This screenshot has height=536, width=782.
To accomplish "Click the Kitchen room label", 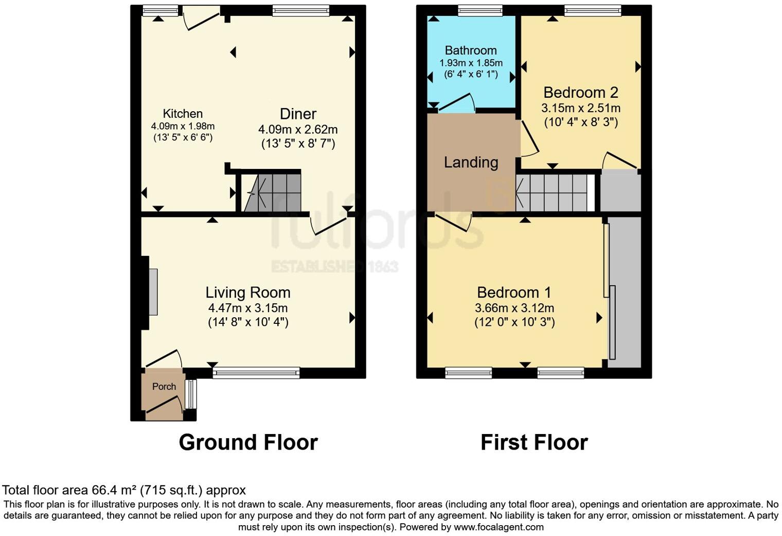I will coord(183,114).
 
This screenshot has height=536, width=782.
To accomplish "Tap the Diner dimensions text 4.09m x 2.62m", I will coord(298,129).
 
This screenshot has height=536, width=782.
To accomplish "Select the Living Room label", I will coord(248,292).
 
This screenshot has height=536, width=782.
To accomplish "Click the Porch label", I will coord(164,387).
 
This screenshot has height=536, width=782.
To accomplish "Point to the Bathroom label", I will coord(471,50).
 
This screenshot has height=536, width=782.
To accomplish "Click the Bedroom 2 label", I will coord(580,93).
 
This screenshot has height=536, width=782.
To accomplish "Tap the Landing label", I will coord(471,163).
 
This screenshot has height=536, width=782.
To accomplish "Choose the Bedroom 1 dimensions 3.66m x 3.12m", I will coord(514,308).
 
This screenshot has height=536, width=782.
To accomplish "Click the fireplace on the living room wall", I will coord(153,292).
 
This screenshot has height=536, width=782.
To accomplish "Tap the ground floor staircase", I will coord(272,193).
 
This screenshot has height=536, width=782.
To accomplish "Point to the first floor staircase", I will coord(555,193).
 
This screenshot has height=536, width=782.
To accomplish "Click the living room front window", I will coord(256,372).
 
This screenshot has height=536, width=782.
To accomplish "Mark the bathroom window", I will coord(480,10).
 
